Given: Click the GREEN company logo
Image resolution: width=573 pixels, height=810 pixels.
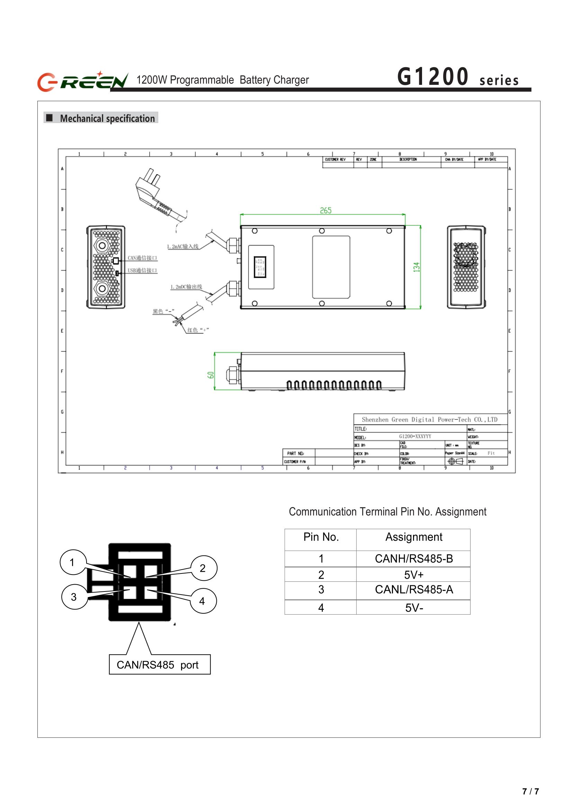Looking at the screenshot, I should click(x=82, y=81).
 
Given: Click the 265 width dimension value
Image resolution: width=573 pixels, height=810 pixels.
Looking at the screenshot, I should click(x=325, y=210).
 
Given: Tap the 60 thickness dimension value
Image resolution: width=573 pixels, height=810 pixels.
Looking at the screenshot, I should click(x=211, y=375).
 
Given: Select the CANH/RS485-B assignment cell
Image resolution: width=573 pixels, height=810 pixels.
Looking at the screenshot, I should click(x=413, y=559).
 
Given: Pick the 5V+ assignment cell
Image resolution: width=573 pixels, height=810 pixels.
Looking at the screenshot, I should click(x=413, y=575).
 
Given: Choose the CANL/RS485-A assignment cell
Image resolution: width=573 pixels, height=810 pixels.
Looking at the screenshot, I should click(x=413, y=590).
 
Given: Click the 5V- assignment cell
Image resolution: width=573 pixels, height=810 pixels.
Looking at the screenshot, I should click(x=413, y=608).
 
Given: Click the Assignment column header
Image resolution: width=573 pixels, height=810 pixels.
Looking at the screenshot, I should click(x=413, y=537).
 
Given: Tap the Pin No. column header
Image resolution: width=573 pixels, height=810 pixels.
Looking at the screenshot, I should click(x=321, y=537).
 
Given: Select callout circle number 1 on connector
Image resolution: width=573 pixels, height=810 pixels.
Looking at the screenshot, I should click(x=73, y=563).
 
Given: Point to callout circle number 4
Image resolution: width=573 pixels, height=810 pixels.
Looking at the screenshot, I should click(x=203, y=601).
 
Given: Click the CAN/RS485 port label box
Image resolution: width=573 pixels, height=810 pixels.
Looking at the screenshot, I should click(x=160, y=665).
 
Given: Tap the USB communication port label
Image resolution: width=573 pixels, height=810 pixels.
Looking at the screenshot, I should click(x=142, y=271).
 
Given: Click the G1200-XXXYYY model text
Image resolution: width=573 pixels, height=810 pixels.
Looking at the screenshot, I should click(x=415, y=436).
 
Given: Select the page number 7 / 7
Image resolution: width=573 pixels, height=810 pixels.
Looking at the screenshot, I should click(x=530, y=791).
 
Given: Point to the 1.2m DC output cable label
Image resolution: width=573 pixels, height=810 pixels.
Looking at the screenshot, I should click(x=186, y=287).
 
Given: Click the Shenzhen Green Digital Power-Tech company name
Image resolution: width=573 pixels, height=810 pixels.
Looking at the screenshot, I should click(x=429, y=420).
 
